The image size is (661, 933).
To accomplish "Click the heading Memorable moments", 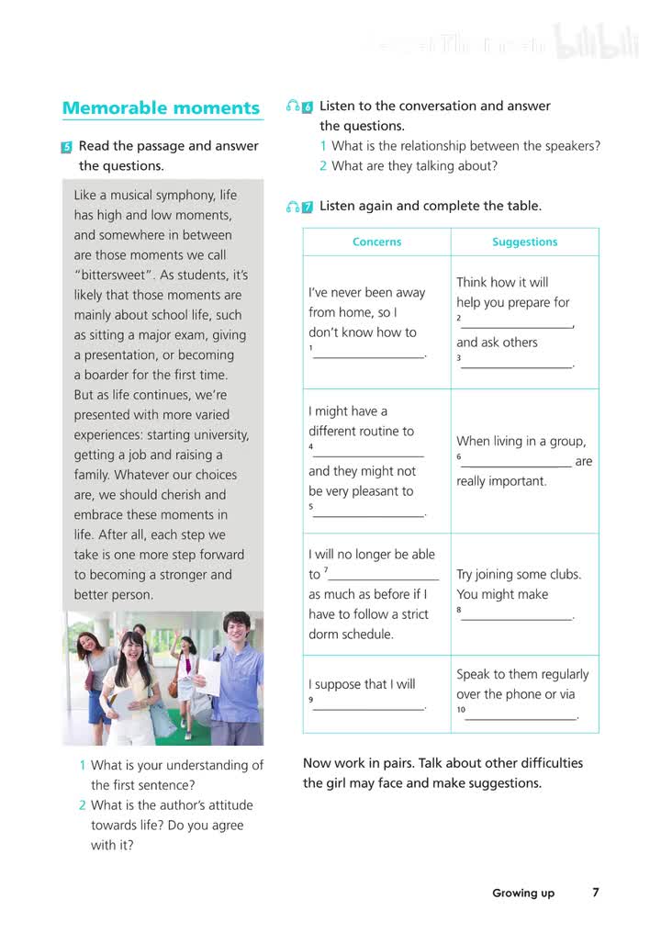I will coord(161,108).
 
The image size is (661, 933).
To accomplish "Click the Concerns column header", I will coord(376,242).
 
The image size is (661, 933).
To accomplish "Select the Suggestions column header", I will coord(524,242).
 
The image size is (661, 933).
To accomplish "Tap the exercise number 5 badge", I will coord(67,147).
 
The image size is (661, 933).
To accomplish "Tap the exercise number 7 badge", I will coord(308,208).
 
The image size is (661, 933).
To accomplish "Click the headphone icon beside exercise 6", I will coord(292,107).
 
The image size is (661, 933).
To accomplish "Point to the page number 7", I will coord(596,892).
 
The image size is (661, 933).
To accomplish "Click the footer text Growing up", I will coord(523,893).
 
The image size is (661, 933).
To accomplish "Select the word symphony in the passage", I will coord(188,196).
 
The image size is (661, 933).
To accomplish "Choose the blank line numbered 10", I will coord(521,716).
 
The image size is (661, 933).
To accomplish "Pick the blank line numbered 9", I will coord(369,706).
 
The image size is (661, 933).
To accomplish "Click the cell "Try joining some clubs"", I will coord(519,575).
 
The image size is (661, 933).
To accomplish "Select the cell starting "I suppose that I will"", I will coord(362,684).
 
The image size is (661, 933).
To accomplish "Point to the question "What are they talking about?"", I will coord(414,166).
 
